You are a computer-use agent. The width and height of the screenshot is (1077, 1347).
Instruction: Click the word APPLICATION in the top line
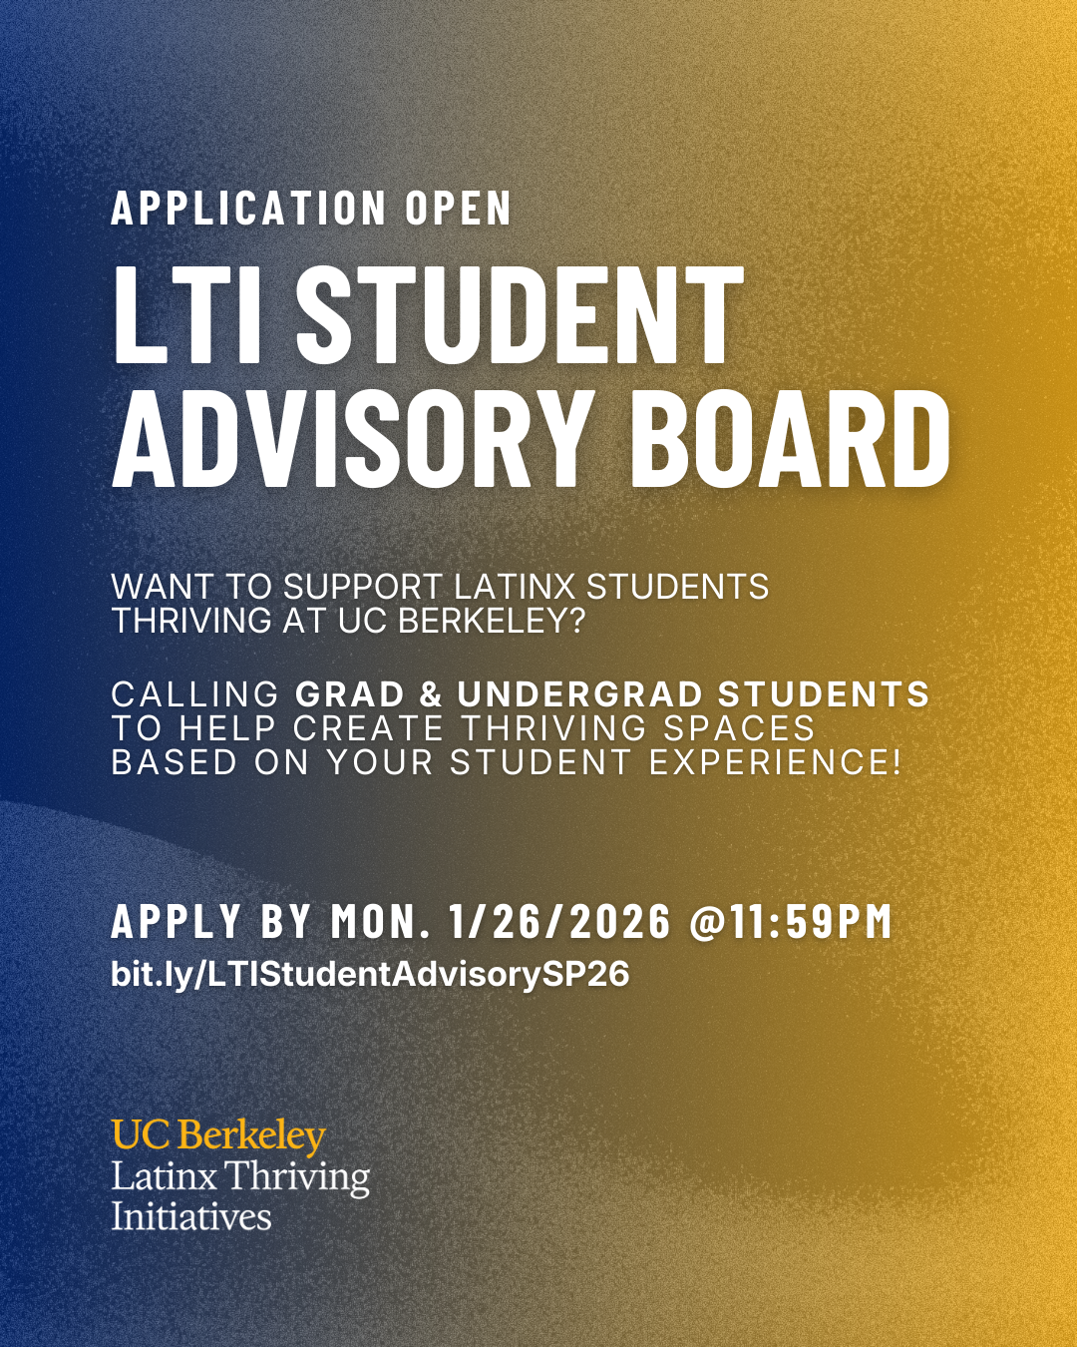point(248,209)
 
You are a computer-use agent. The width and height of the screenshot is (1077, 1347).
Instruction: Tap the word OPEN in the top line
point(458,209)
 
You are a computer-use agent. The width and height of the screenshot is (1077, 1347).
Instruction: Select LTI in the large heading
point(187,317)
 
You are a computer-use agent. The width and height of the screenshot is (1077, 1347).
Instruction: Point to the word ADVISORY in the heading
point(354,440)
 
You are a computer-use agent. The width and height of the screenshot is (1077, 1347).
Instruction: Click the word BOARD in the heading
point(791,440)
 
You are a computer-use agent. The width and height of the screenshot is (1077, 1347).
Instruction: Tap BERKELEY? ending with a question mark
point(491,621)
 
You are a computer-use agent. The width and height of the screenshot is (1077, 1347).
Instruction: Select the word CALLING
point(195,694)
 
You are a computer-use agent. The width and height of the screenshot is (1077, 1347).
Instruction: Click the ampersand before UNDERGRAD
point(431,694)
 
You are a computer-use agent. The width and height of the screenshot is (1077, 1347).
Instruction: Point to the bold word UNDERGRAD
point(580,694)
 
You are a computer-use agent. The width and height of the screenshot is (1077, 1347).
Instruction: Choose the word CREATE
point(368,728)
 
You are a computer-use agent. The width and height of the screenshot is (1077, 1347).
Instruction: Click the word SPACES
point(738,728)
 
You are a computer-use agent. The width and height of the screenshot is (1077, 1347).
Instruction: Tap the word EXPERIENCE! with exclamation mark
point(776,762)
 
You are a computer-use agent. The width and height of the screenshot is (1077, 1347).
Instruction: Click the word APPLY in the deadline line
point(177,921)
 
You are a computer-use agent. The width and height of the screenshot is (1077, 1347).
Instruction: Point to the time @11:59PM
point(791,921)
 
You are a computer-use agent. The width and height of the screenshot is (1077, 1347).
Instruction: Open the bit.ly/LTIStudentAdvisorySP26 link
point(370,974)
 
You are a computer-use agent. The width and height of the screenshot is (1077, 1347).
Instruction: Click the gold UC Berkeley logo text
point(218,1135)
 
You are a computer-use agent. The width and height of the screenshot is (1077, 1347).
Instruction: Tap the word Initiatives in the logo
point(191,1216)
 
